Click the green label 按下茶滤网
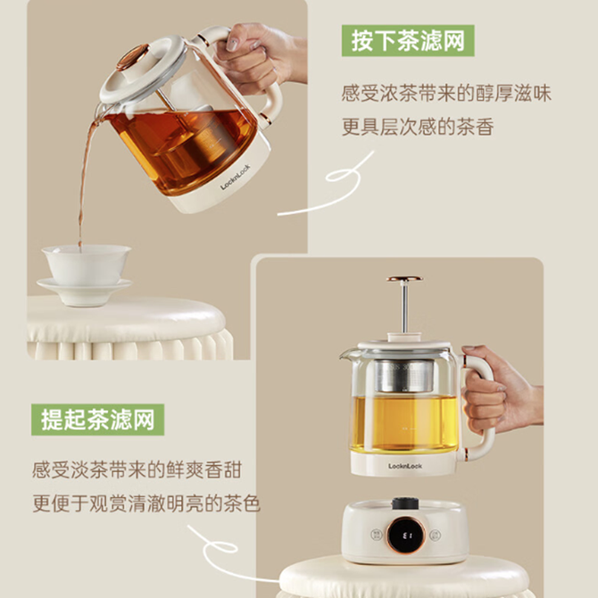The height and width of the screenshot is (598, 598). pyautogui.click(x=408, y=41)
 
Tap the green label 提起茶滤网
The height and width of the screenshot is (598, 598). pyautogui.click(x=97, y=419)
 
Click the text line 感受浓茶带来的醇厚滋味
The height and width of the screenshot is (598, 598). pyautogui.click(x=446, y=94)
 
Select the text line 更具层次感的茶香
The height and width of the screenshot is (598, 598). pyautogui.click(x=418, y=127)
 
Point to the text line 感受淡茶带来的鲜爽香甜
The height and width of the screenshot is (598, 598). pyautogui.click(x=137, y=469)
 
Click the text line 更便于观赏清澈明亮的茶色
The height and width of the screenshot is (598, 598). pyautogui.click(x=146, y=503)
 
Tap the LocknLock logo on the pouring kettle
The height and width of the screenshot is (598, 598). pyautogui.click(x=236, y=177)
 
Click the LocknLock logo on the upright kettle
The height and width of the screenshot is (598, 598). pyautogui.click(x=405, y=466)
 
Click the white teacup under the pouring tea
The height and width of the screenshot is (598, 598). pyautogui.click(x=87, y=264)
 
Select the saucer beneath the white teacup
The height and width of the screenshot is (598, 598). pyautogui.click(x=84, y=292)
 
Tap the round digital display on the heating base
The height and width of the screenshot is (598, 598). pyautogui.click(x=405, y=535)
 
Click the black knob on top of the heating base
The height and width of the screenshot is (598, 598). pyautogui.click(x=405, y=503)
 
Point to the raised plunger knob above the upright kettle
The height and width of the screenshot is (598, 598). pyautogui.click(x=404, y=278)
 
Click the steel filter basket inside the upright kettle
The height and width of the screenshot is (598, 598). pyautogui.click(x=404, y=375)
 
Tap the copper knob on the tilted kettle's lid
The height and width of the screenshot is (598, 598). pyautogui.click(x=132, y=57)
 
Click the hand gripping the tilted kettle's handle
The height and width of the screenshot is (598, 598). pyautogui.click(x=260, y=57)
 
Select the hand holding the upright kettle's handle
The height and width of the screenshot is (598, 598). pyautogui.click(x=500, y=389)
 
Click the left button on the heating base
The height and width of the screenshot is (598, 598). pyautogui.click(x=376, y=535)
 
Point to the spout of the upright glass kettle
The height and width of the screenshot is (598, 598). pyautogui.click(x=346, y=354)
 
